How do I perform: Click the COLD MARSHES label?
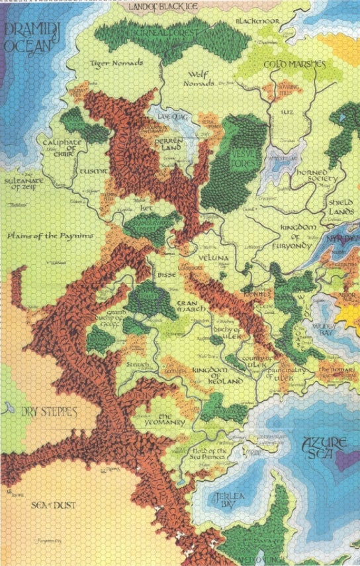click(x=294, y=64)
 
